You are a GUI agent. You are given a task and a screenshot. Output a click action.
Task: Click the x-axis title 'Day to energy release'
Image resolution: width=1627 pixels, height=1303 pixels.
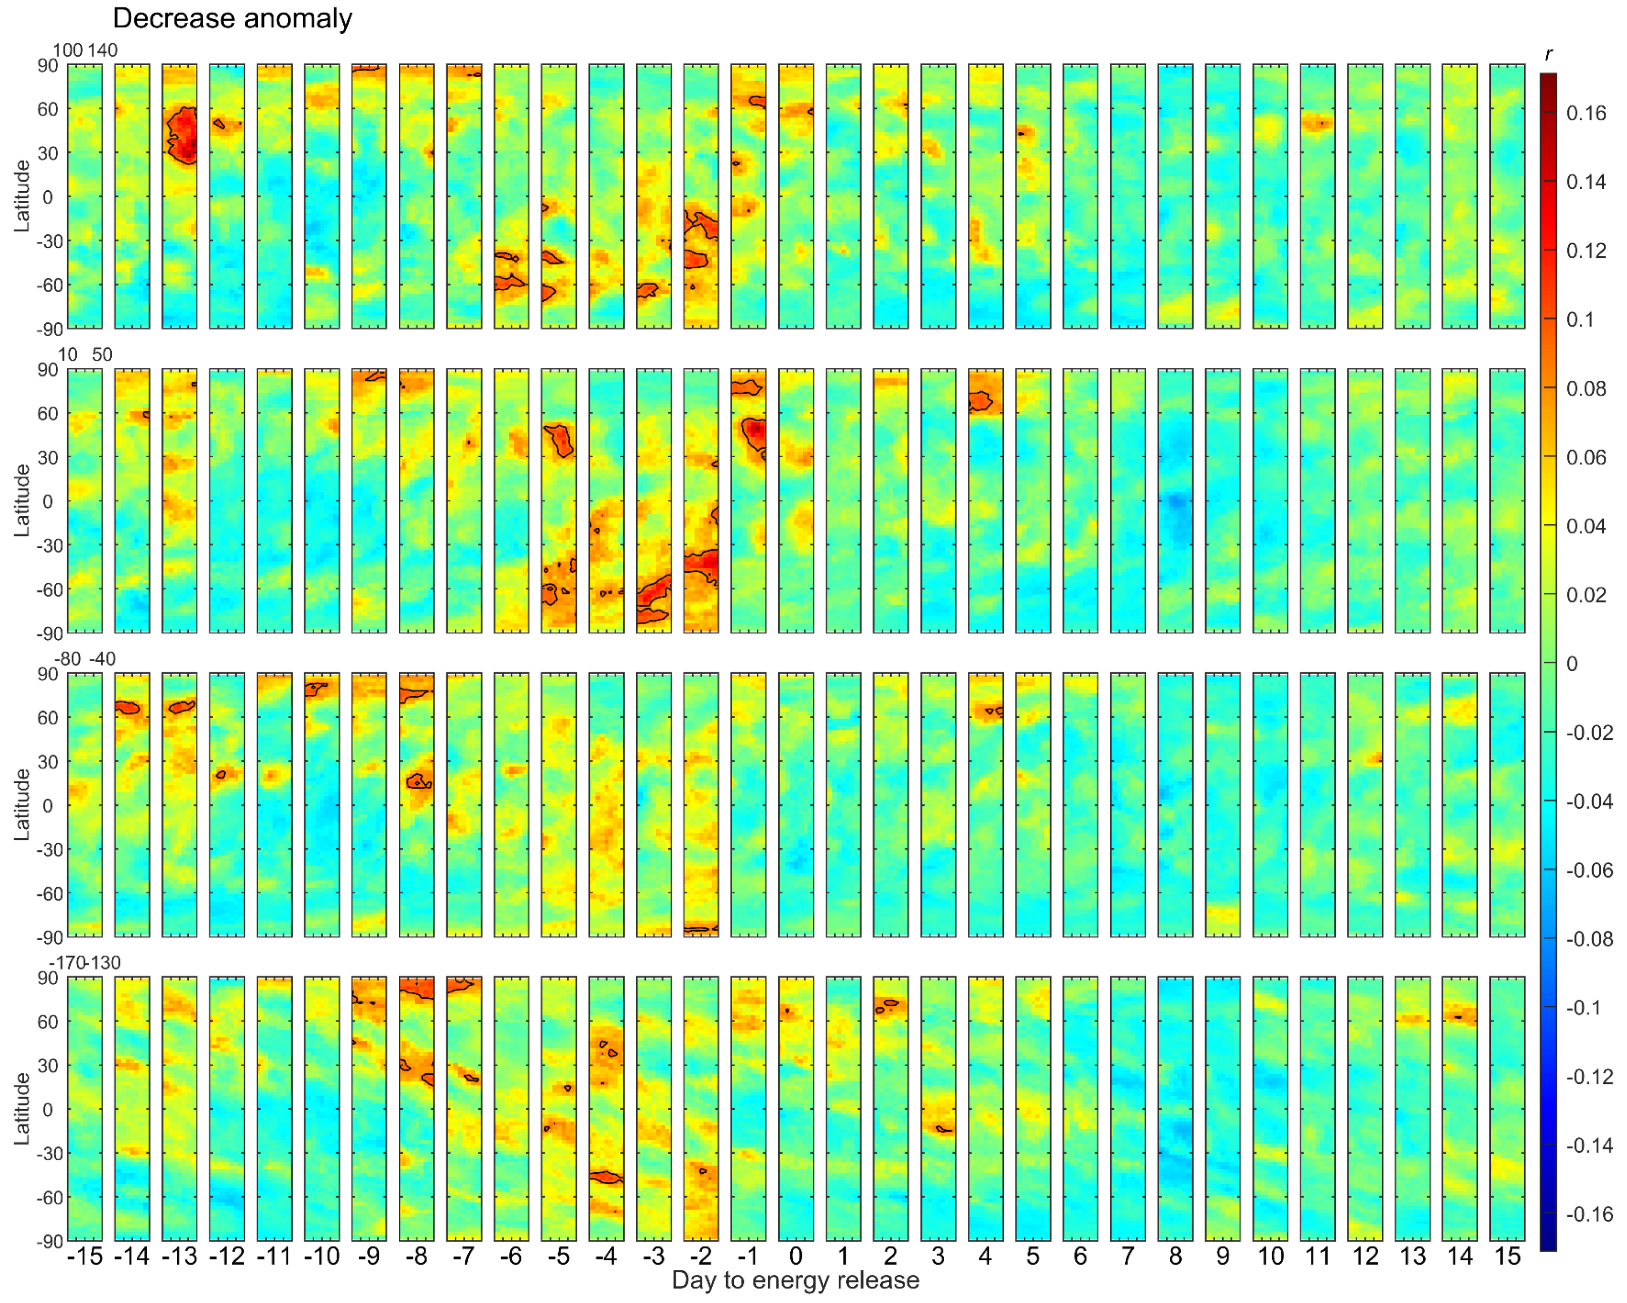click(795, 1280)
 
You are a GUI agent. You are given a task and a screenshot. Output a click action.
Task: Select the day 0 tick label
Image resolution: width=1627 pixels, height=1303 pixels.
click(795, 1256)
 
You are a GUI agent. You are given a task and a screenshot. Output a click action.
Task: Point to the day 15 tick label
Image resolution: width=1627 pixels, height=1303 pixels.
click(1507, 1256)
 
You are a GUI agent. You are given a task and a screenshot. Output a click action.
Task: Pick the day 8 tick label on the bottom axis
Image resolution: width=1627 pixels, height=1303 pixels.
click(1175, 1256)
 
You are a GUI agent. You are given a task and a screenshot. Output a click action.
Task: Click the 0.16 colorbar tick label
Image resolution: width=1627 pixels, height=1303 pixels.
click(1586, 113)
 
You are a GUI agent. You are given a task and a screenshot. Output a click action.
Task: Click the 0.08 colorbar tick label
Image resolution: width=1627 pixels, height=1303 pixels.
click(1586, 389)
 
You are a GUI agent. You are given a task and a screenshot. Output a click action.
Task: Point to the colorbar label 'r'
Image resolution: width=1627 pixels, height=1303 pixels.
click(1548, 55)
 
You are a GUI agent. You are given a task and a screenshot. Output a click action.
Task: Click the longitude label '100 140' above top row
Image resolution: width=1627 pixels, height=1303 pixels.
click(84, 50)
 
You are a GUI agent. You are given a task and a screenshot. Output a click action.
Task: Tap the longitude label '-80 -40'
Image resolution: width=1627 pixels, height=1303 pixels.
click(84, 659)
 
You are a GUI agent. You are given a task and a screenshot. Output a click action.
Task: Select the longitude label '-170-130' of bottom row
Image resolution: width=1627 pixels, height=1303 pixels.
click(84, 963)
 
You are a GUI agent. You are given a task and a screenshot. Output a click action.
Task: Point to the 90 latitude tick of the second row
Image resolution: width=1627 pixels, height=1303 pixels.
click(47, 370)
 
